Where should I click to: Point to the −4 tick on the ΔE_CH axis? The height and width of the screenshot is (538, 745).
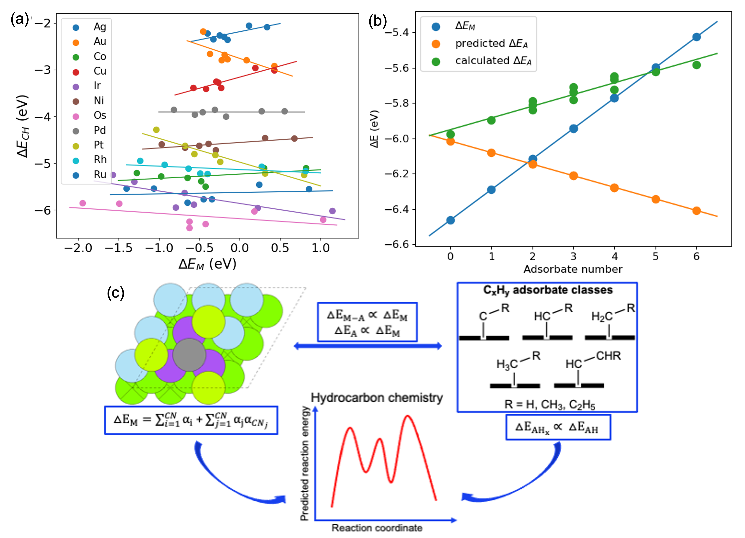(x=43, y=117)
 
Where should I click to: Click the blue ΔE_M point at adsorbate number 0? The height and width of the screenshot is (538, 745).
(x=450, y=220)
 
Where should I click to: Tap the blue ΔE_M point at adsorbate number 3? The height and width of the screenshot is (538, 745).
(x=574, y=129)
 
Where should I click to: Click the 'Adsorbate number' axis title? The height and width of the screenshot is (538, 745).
(x=573, y=269)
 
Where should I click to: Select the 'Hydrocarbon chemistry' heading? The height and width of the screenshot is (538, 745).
(x=377, y=398)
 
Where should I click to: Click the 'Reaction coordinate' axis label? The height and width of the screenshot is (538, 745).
(x=377, y=528)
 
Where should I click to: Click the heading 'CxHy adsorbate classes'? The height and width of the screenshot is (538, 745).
(x=548, y=290)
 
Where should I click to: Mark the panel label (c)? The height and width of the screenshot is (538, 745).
(x=116, y=293)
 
